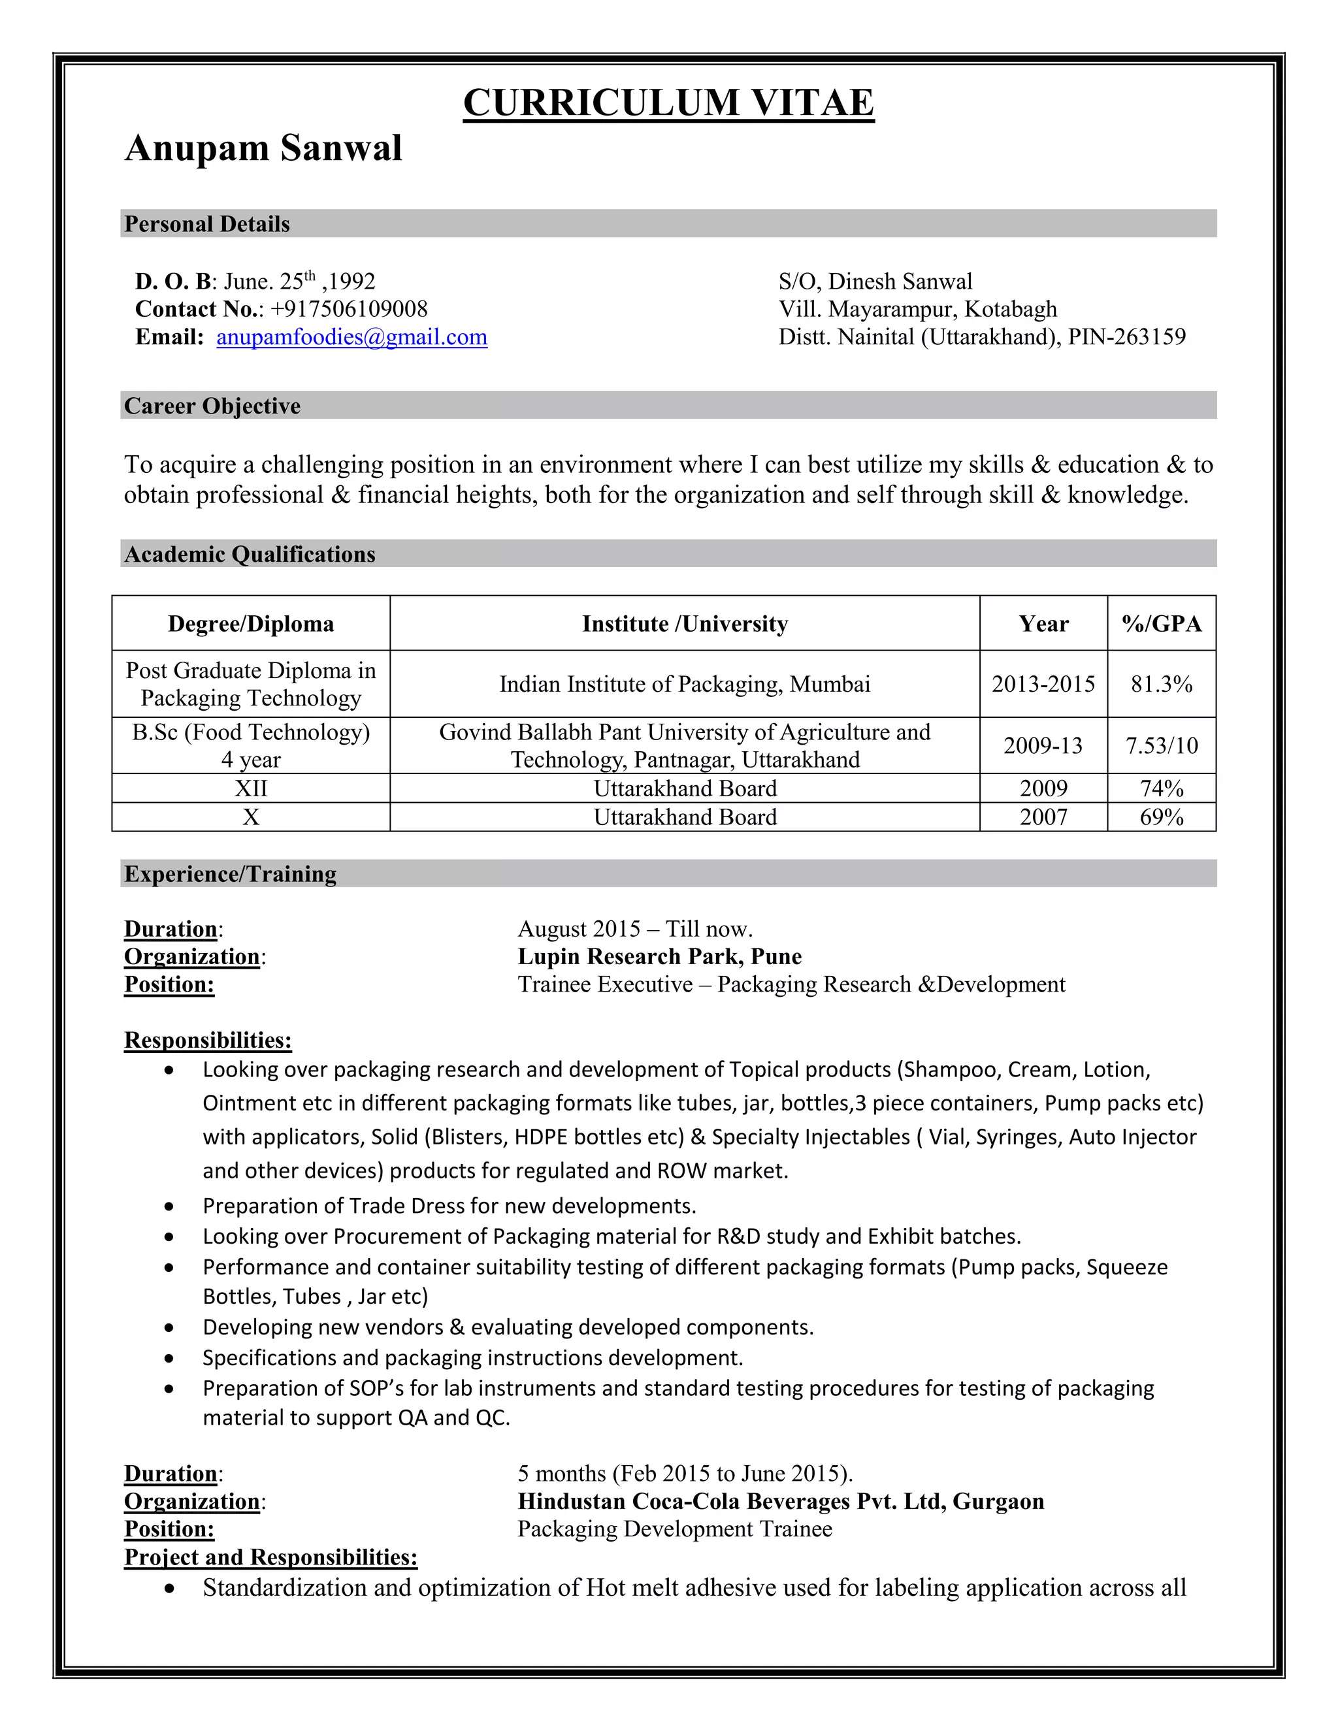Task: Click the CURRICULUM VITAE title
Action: tap(668, 103)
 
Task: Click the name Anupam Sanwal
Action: tap(263, 148)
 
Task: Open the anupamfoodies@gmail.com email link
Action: tap(352, 337)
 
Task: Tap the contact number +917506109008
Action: tap(349, 309)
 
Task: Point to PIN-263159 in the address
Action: tap(1126, 337)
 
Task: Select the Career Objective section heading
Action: tap(212, 406)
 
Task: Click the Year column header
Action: tap(1043, 624)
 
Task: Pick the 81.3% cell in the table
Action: tap(1161, 684)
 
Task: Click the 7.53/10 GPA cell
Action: tap(1161, 745)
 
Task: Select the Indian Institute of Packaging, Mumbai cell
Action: tap(685, 684)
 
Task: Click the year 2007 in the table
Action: tap(1043, 817)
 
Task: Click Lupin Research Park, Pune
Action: tap(659, 957)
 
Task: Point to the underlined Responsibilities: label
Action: tap(208, 1040)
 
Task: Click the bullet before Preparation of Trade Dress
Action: tap(169, 1206)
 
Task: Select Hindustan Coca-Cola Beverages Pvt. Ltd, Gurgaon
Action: tap(781, 1501)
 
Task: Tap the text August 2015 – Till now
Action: tap(635, 929)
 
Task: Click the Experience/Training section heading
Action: tap(230, 873)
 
